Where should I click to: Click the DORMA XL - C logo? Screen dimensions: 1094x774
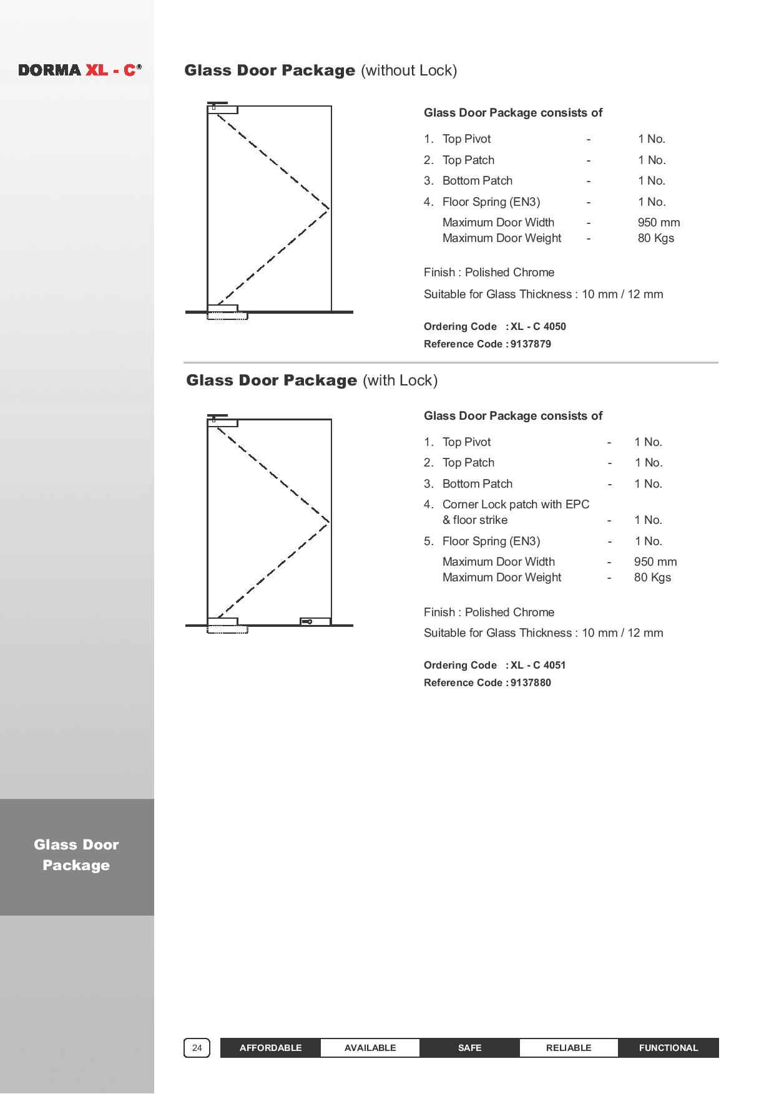click(80, 70)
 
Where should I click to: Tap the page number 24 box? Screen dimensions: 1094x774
click(197, 1048)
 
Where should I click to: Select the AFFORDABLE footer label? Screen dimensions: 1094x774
click(270, 1048)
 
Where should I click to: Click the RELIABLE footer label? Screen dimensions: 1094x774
click(569, 1048)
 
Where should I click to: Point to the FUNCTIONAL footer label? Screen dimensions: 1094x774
click(669, 1048)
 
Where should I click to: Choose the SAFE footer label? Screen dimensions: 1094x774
click(469, 1048)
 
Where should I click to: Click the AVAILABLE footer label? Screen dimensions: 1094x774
click(370, 1048)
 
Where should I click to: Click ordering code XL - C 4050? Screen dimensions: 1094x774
click(538, 327)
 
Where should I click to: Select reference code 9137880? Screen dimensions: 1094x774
click(531, 683)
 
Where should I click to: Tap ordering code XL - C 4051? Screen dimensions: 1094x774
click(538, 666)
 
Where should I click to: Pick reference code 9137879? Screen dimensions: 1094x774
click(531, 344)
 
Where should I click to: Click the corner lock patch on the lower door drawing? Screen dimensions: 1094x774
click(315, 621)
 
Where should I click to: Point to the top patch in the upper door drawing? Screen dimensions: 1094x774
click(223, 110)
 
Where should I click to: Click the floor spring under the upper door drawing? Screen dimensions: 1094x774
click(227, 316)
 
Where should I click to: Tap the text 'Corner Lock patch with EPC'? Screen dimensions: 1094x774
click(516, 505)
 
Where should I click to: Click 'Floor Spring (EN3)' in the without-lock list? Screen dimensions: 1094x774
click(491, 202)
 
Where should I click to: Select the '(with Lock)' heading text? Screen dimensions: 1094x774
click(400, 380)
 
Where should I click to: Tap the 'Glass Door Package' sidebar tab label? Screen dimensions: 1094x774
click(76, 855)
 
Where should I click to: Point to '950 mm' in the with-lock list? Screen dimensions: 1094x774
click(655, 562)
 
